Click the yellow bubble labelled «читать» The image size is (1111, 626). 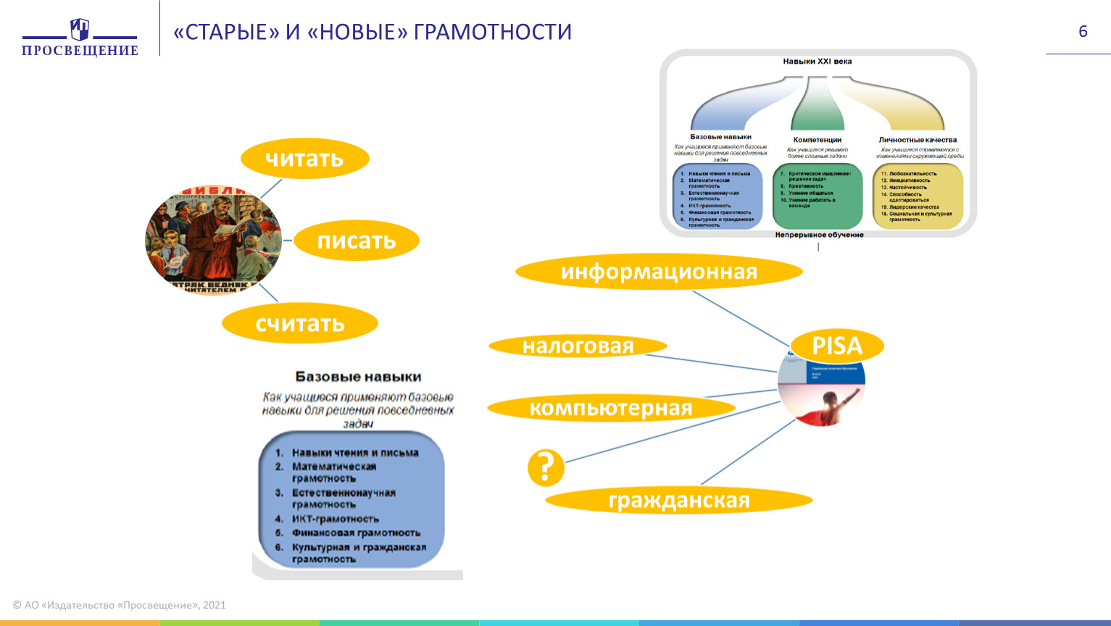304,159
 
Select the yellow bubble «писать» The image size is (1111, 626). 357,241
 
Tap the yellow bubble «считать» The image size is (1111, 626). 300,323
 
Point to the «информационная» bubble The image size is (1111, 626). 659,272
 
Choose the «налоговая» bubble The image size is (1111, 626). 578,346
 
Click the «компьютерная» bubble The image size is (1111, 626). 610,408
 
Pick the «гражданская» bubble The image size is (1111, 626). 678,500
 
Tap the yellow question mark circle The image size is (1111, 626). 546,467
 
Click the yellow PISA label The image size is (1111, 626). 837,346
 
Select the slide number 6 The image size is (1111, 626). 1083,31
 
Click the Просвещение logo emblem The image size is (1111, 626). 80,30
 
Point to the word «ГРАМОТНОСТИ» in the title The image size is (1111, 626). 493,33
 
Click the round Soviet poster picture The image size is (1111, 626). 214,240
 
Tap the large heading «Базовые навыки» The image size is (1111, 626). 358,377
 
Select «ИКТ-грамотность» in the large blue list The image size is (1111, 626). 335,519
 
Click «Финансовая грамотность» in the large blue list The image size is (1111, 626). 355,533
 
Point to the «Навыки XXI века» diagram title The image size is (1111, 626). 817,62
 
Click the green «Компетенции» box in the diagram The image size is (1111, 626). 817,196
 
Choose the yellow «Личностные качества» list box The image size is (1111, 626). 917,196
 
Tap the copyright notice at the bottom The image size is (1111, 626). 120,605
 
